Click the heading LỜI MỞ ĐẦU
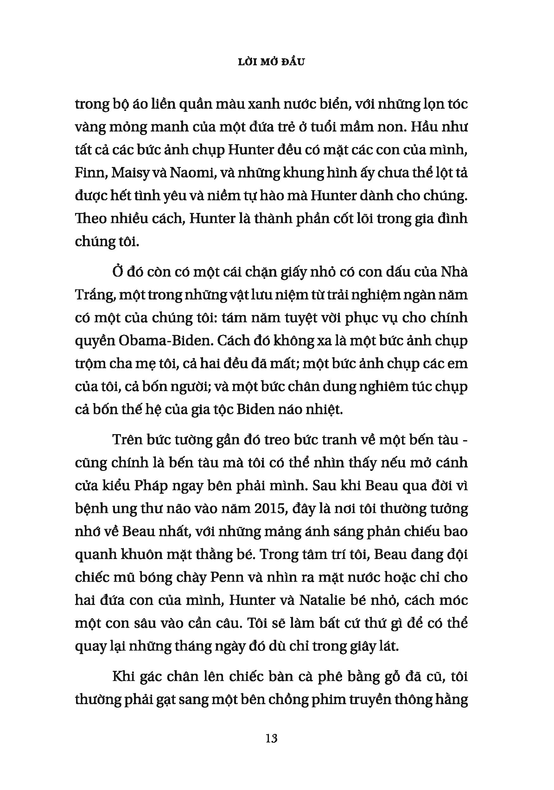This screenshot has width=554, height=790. (x=271, y=62)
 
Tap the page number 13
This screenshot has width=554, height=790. (x=271, y=738)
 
